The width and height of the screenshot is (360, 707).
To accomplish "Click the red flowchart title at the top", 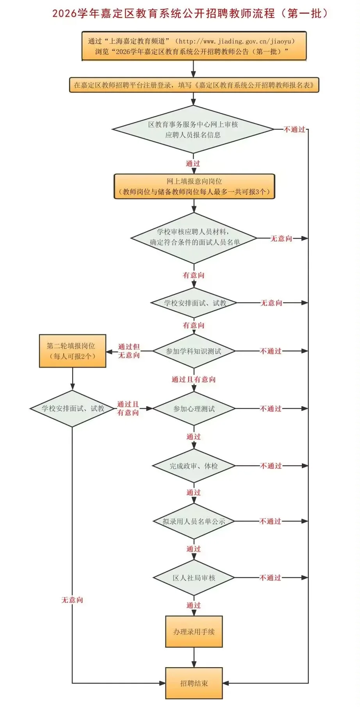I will coord(190,14).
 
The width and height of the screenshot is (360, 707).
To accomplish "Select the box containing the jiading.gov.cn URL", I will coord(194,46).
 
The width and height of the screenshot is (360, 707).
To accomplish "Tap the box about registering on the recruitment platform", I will coord(194,85).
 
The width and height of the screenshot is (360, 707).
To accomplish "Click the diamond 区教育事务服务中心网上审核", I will coord(193,129).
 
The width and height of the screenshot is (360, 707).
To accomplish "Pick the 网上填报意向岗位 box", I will coord(194,187).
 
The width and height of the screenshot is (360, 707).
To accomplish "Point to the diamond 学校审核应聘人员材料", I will coord(194,237).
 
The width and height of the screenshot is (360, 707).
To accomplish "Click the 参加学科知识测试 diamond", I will coord(194,351).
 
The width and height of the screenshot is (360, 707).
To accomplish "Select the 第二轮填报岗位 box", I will coord(72,351).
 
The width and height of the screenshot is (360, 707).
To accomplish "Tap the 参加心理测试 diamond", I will coord(194,409).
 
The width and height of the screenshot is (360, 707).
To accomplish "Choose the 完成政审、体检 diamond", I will coord(194,466).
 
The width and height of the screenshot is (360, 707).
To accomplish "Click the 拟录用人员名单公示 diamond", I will coord(194,521).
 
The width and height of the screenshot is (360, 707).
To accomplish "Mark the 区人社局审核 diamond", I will coord(194,578).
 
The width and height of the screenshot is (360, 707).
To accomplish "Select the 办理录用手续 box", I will coord(194,632).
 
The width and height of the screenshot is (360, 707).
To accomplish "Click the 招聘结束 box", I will coord(194,683).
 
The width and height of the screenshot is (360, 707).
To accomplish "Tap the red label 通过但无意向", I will coord(129,351).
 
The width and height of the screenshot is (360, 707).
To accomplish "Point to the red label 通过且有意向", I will coord(194,379).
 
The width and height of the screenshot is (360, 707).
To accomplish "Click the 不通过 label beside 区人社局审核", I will coord(271,578).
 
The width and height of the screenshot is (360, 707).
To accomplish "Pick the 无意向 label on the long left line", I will coord(72,600).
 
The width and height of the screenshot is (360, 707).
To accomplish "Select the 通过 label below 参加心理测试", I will coord(194,437).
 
